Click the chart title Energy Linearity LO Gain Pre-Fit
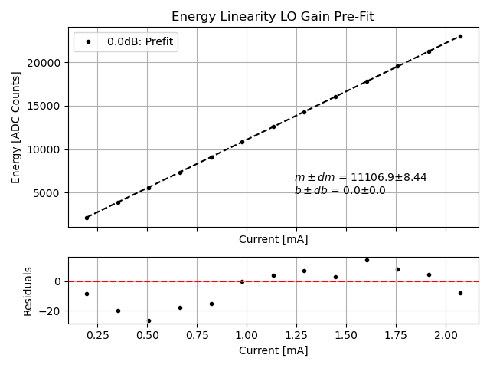273,16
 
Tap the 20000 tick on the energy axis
50,62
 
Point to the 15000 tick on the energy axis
50,106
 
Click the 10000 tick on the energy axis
50,149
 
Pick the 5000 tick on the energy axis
53,193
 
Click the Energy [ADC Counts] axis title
16,127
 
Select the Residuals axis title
28,291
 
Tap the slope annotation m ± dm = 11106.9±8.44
361,178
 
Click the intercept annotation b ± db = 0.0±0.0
340,191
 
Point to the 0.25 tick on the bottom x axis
96,336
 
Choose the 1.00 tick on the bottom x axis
247,336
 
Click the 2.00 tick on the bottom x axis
446,336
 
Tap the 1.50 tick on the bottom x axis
346,336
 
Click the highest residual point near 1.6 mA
367,260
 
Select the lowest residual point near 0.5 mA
149,320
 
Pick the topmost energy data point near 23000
460,36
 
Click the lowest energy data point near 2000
87,218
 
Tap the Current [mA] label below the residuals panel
273,350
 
